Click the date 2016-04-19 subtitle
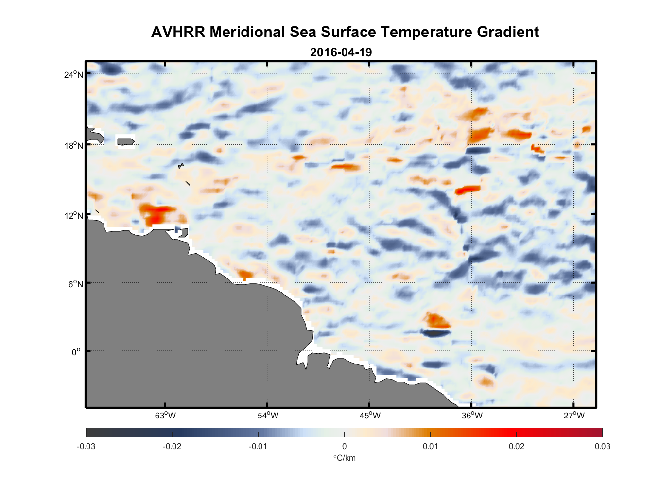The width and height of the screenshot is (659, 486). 341,52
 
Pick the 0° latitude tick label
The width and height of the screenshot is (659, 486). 76,352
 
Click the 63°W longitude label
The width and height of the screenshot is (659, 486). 165,416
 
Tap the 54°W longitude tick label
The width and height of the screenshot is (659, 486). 268,416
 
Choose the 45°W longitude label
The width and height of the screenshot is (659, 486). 370,416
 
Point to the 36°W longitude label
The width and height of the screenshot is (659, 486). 472,416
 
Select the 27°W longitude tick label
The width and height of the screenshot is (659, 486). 574,416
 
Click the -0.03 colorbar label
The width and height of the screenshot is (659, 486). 86,447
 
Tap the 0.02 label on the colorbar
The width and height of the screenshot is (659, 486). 517,447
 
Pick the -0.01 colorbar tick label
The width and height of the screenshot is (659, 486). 258,447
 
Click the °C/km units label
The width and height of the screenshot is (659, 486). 344,458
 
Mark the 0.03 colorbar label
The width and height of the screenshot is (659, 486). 602,447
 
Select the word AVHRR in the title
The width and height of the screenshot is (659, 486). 178,32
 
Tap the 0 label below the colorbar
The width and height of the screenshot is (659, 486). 344,447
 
